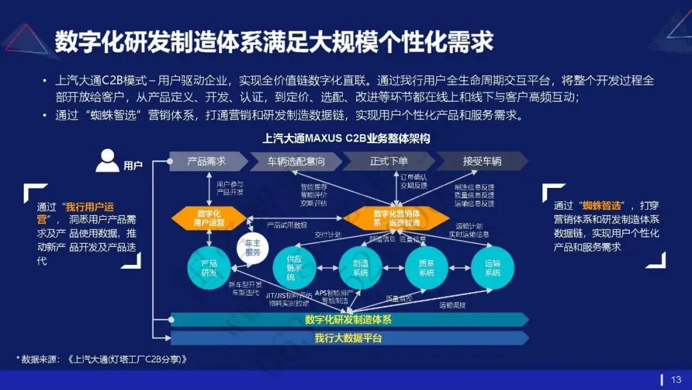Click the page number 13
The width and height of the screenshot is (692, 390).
coord(676,379)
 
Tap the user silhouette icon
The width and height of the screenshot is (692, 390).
coord(107,160)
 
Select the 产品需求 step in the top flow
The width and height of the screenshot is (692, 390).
coord(205,161)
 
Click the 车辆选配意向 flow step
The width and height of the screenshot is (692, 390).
coord(295,161)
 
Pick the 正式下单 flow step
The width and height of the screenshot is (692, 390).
coord(388,161)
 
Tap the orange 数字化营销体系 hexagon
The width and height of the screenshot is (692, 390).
coord(396,217)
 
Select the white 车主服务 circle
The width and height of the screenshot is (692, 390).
coord(252,247)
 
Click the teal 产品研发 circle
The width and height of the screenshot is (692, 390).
coord(209,267)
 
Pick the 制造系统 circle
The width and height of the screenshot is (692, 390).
coord(361,267)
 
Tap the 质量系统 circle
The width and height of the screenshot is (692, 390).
coord(427,267)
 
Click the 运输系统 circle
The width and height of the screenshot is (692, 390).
coord(493,267)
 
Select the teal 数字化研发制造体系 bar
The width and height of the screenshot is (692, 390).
coord(349,319)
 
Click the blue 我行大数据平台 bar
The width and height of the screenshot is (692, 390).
coord(349,337)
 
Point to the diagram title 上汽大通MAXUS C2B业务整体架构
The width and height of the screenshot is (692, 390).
coord(346,138)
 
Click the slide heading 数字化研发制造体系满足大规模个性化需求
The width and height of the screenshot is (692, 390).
coord(274,42)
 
